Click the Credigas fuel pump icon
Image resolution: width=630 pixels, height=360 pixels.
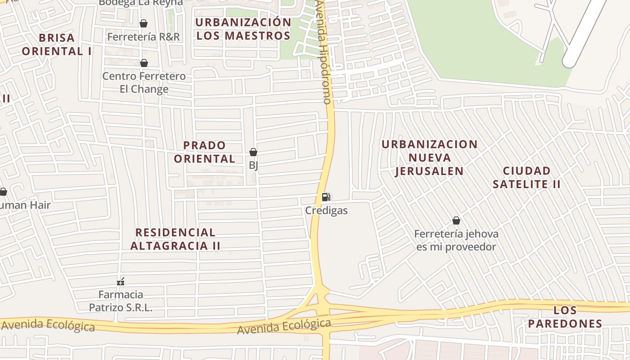click(x=326, y=197)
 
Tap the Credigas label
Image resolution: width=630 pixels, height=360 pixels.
click(x=326, y=210)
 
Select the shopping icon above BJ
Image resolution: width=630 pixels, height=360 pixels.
click(x=253, y=152)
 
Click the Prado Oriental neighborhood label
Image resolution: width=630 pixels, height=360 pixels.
click(x=205, y=152)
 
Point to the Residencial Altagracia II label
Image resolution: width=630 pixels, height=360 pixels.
click(x=175, y=239)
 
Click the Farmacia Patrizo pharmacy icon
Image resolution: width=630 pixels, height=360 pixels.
click(x=121, y=282)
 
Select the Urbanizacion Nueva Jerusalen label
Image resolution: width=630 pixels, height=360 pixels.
click(x=429, y=157)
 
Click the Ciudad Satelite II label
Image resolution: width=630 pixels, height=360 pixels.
click(x=527, y=177)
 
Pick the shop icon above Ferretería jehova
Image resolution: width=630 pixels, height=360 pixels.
click(x=456, y=220)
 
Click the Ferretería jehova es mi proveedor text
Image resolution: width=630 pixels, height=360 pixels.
click(x=456, y=240)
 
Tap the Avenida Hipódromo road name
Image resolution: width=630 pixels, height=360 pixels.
click(x=324, y=52)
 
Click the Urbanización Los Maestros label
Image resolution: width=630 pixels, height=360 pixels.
click(x=243, y=29)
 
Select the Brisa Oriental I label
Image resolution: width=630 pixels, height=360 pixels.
click(x=57, y=44)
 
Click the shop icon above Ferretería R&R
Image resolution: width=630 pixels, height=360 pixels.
click(x=144, y=23)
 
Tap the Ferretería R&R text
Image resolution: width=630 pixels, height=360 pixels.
click(x=144, y=36)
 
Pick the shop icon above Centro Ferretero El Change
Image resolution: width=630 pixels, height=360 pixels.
click(x=144, y=63)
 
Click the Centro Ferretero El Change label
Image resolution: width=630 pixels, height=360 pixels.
click(x=144, y=82)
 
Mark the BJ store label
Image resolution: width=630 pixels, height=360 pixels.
click(x=253, y=165)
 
